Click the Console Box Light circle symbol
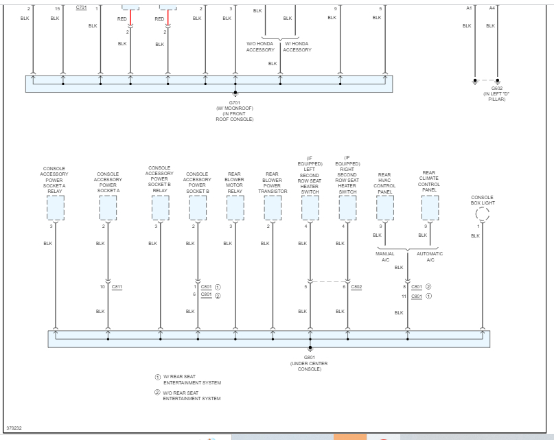click(483, 214)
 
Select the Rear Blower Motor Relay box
click(235, 207)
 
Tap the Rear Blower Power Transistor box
click(273, 207)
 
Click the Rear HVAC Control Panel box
click(385, 207)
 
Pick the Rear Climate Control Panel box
click(430, 207)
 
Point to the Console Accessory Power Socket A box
click(108, 207)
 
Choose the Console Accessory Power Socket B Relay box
click(160, 207)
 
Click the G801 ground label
click(310, 357)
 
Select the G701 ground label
click(235, 102)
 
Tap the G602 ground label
click(496, 88)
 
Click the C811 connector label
click(116, 286)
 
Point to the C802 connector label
click(356, 286)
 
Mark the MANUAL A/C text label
click(384, 257)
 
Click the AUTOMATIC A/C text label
click(430, 257)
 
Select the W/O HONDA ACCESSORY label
click(261, 47)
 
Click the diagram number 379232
click(14, 428)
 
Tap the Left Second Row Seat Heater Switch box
click(310, 207)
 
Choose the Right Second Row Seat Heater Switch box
click(347, 207)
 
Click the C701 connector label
click(81, 8)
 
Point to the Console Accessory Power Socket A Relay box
click(55, 207)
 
